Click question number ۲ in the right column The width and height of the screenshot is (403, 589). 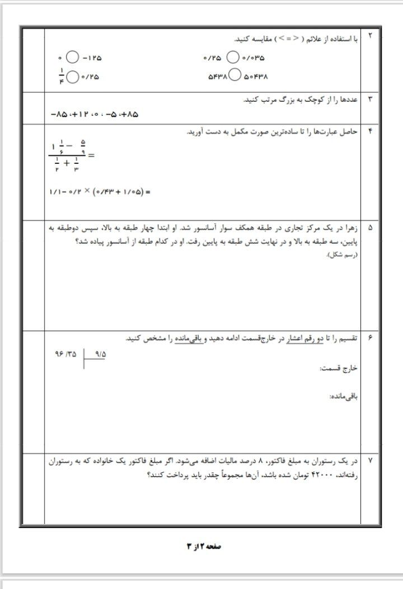[x=370, y=36]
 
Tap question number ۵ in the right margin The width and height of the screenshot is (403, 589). [x=370, y=228]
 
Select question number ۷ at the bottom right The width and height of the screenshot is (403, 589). [x=370, y=460]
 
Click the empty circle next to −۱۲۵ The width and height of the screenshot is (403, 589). [x=72, y=58]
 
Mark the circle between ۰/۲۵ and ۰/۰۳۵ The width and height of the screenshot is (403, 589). [x=233, y=58]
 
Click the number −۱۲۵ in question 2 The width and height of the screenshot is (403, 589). [x=93, y=58]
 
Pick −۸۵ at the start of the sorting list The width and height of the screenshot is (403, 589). [x=58, y=115]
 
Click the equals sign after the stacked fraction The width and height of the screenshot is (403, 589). [x=91, y=156]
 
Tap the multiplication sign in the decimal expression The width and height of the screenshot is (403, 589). [x=87, y=192]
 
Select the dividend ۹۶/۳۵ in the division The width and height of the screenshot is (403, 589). [x=64, y=354]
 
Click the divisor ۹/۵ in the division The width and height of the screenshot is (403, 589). [x=101, y=354]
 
